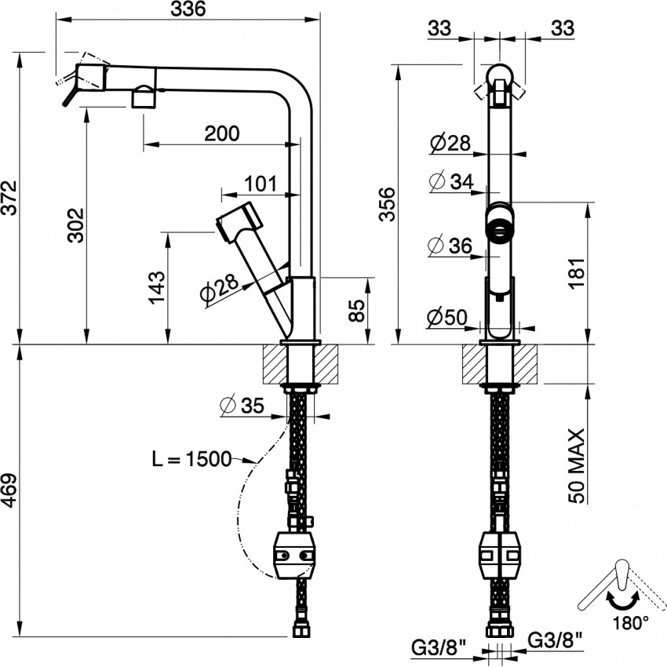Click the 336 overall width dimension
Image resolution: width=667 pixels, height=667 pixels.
click(x=188, y=9)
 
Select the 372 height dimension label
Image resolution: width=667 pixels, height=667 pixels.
click(x=9, y=198)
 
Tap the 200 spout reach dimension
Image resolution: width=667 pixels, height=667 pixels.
click(x=222, y=133)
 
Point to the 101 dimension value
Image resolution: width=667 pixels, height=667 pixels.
click(x=261, y=184)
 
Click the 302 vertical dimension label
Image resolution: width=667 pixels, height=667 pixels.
click(x=76, y=225)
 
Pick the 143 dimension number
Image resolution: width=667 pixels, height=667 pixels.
click(x=156, y=287)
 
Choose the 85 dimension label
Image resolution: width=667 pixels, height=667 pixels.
click(x=356, y=311)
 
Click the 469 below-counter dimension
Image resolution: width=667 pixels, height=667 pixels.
click(x=9, y=490)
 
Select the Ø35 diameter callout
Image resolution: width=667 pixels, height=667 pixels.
click(x=242, y=406)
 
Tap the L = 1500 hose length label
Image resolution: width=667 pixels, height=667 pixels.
click(x=191, y=458)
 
